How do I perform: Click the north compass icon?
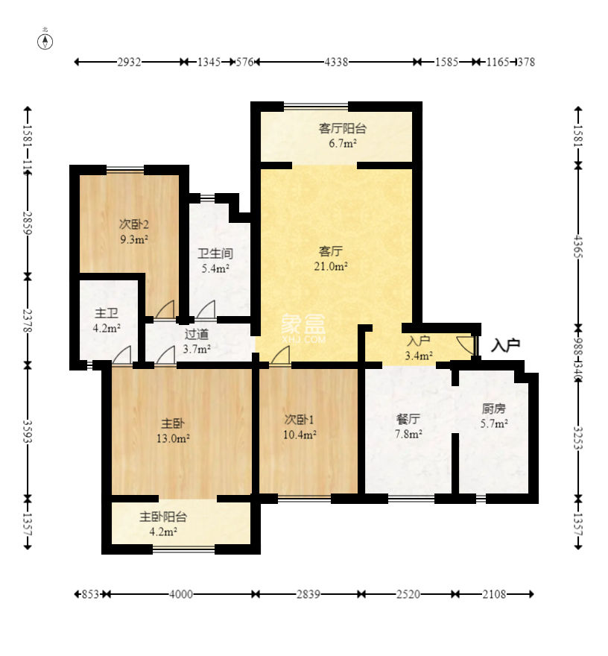(x=46, y=40)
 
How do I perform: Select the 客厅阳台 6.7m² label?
(x=342, y=135)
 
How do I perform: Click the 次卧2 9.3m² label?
(x=134, y=231)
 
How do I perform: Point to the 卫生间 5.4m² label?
(x=214, y=260)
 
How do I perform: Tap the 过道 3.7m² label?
(x=197, y=341)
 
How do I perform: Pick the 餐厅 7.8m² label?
(x=408, y=426)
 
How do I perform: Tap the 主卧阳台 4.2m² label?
(x=162, y=523)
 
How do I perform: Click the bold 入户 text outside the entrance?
(x=505, y=345)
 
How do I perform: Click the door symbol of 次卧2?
(x=165, y=309)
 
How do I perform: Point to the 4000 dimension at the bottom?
(x=181, y=594)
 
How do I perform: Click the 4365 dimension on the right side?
(x=578, y=245)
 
